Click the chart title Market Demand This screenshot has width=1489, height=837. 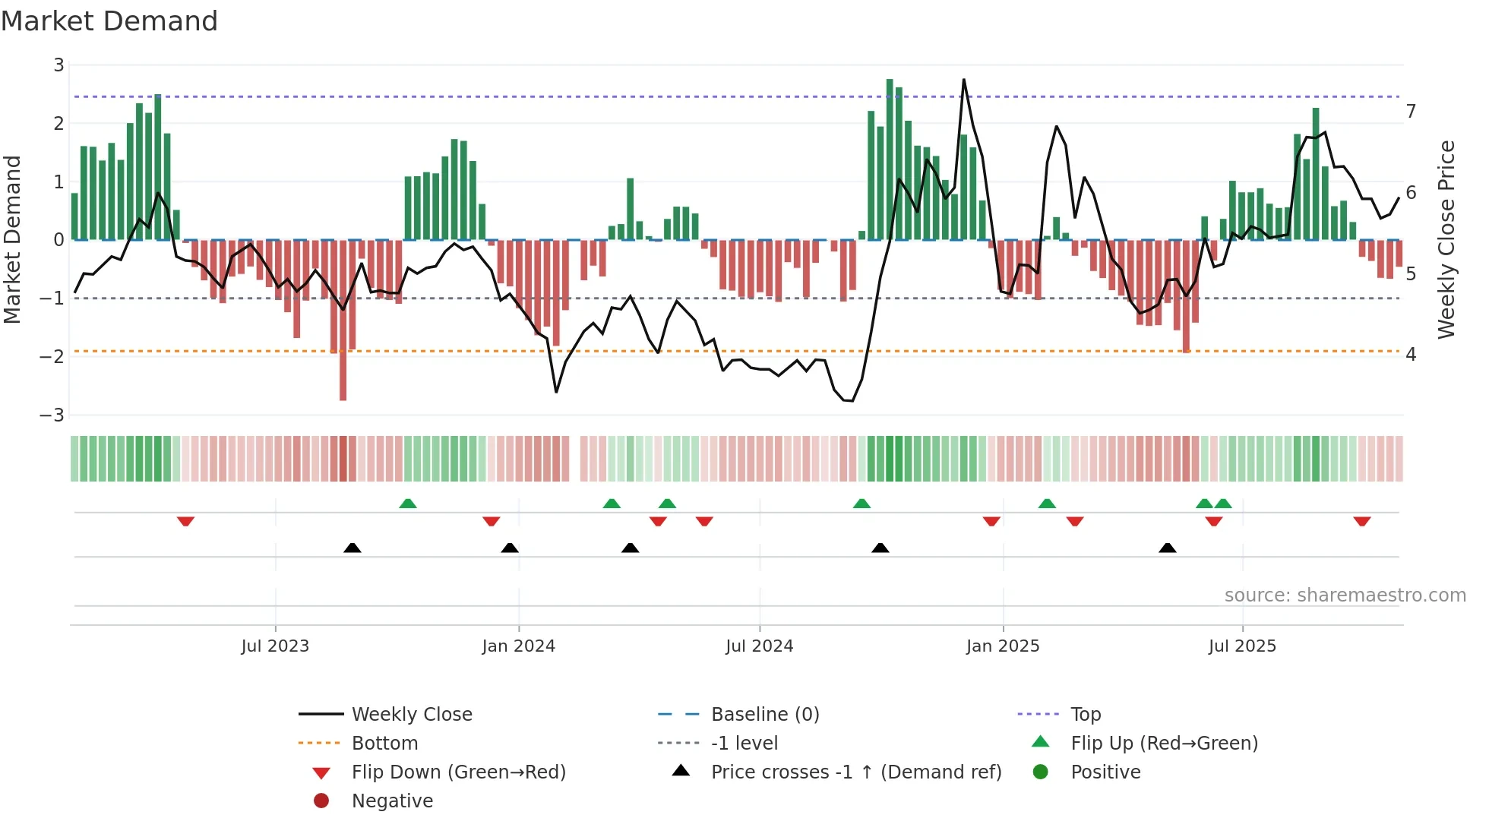[109, 21]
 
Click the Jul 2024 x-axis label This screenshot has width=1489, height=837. [759, 646]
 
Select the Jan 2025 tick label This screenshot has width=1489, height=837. [1002, 646]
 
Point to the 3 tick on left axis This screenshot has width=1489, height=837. [58, 65]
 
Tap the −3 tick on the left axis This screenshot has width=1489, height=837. [52, 415]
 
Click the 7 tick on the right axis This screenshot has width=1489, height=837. [1411, 112]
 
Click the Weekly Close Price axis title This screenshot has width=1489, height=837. [1446, 239]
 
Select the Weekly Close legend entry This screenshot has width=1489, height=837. [411, 715]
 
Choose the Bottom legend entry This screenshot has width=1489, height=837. [384, 744]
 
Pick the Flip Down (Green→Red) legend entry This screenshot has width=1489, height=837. [458, 772]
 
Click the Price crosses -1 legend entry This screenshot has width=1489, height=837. [855, 772]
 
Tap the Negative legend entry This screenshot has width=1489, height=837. [392, 801]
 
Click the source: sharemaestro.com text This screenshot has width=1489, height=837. [1345, 595]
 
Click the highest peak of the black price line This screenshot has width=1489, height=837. [964, 80]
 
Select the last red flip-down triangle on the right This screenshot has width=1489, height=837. [1361, 521]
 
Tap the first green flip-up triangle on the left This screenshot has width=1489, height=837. [408, 504]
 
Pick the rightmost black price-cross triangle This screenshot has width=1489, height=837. [1168, 548]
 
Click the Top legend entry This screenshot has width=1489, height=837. [1085, 715]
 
